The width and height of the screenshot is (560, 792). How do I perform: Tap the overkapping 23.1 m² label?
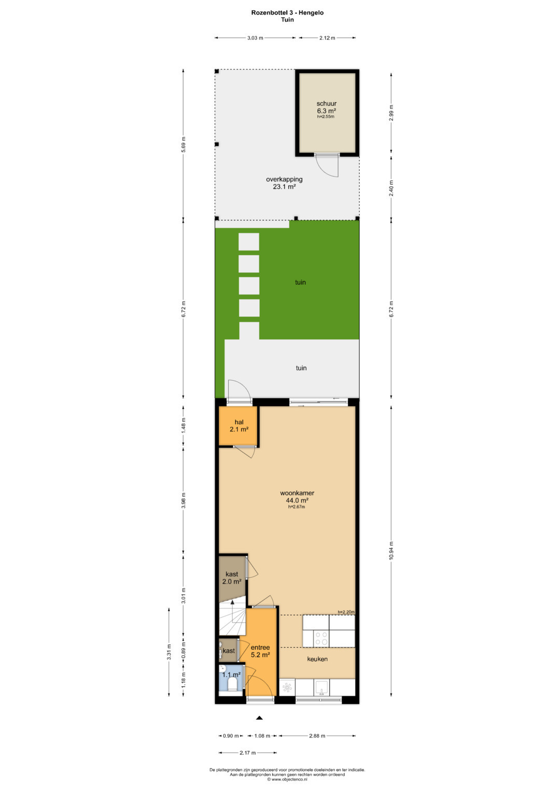coord(284,183)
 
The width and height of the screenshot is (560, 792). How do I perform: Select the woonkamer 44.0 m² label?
coord(297,496)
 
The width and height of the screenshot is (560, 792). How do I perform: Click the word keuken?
coord(317,659)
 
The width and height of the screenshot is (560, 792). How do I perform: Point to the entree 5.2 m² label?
coord(260,651)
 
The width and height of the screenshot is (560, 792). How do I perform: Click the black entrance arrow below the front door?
coord(259,718)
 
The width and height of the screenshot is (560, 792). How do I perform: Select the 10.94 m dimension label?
coord(391,550)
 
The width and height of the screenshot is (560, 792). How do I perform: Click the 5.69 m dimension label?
coord(183,144)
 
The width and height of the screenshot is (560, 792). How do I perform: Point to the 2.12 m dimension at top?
coord(327,38)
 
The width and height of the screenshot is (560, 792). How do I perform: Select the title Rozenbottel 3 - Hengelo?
coord(287,13)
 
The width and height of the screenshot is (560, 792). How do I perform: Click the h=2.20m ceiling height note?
coord(346,612)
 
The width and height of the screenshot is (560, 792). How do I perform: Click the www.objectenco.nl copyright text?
coord(287,779)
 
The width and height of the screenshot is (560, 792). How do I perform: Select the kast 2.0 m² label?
coord(232,578)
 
